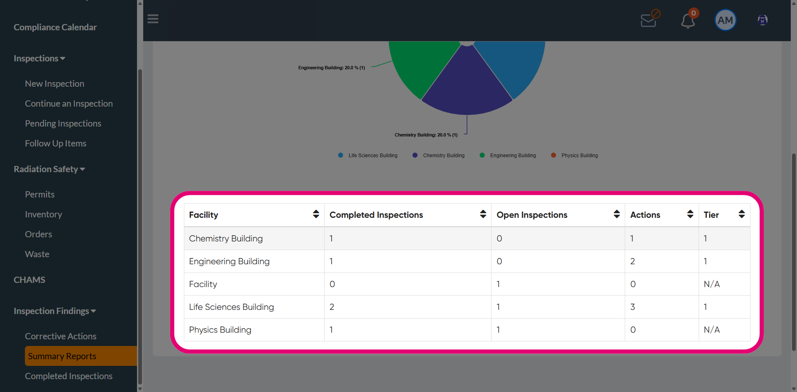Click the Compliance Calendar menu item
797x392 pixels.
click(x=55, y=27)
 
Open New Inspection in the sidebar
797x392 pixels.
click(x=54, y=84)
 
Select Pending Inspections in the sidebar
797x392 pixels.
click(x=63, y=124)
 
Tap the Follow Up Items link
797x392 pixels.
click(x=56, y=144)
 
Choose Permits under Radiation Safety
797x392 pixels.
click(x=40, y=195)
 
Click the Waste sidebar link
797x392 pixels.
click(x=37, y=254)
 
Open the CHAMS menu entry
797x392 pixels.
click(x=29, y=280)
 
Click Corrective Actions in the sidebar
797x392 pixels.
click(x=61, y=336)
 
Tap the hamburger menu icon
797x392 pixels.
click(x=153, y=19)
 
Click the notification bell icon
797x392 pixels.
click(x=688, y=20)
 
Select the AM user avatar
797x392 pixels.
click(x=725, y=20)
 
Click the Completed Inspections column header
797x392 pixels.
click(x=376, y=215)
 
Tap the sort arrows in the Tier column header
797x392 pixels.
click(x=742, y=214)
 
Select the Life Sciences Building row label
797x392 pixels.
click(x=232, y=307)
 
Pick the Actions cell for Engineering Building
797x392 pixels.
click(x=633, y=261)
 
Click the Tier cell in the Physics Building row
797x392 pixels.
click(x=712, y=330)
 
